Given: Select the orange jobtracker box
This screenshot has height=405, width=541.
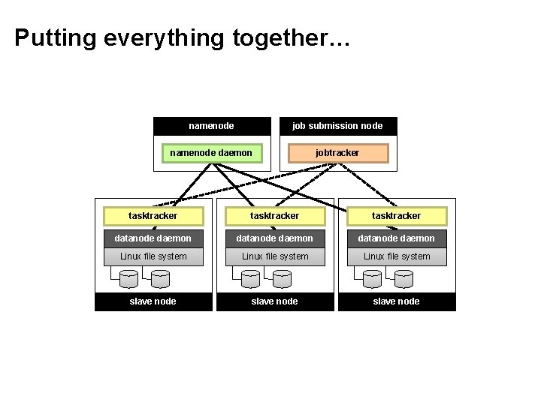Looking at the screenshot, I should click(x=337, y=153).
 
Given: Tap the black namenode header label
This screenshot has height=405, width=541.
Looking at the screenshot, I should click(x=211, y=126).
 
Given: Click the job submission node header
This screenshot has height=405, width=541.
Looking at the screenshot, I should click(x=337, y=126).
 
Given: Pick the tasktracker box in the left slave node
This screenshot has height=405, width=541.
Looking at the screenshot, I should click(x=153, y=216).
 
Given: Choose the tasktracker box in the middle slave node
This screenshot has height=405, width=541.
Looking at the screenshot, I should click(x=274, y=216).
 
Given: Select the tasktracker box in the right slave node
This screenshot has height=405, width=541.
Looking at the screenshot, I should click(x=397, y=216).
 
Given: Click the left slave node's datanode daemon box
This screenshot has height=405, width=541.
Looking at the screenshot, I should click(x=153, y=238).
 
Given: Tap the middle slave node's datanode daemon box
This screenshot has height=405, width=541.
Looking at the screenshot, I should click(x=274, y=238).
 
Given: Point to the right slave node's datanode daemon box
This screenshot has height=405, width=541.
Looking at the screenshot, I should click(x=397, y=238).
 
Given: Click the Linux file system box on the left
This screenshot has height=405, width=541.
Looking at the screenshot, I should click(x=153, y=256).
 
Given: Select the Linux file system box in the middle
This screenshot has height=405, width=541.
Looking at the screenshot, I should click(x=274, y=256).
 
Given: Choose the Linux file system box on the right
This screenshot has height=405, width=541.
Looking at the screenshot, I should click(x=397, y=256).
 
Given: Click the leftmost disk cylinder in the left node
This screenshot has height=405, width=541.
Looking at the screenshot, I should click(x=128, y=279).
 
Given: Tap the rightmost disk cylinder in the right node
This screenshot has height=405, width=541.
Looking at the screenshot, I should click(x=404, y=279).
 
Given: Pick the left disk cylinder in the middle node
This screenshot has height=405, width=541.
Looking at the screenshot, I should click(x=250, y=279).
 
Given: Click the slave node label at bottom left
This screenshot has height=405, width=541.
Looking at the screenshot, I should click(x=153, y=301).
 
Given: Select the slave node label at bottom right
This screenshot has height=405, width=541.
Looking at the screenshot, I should click(x=397, y=301).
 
